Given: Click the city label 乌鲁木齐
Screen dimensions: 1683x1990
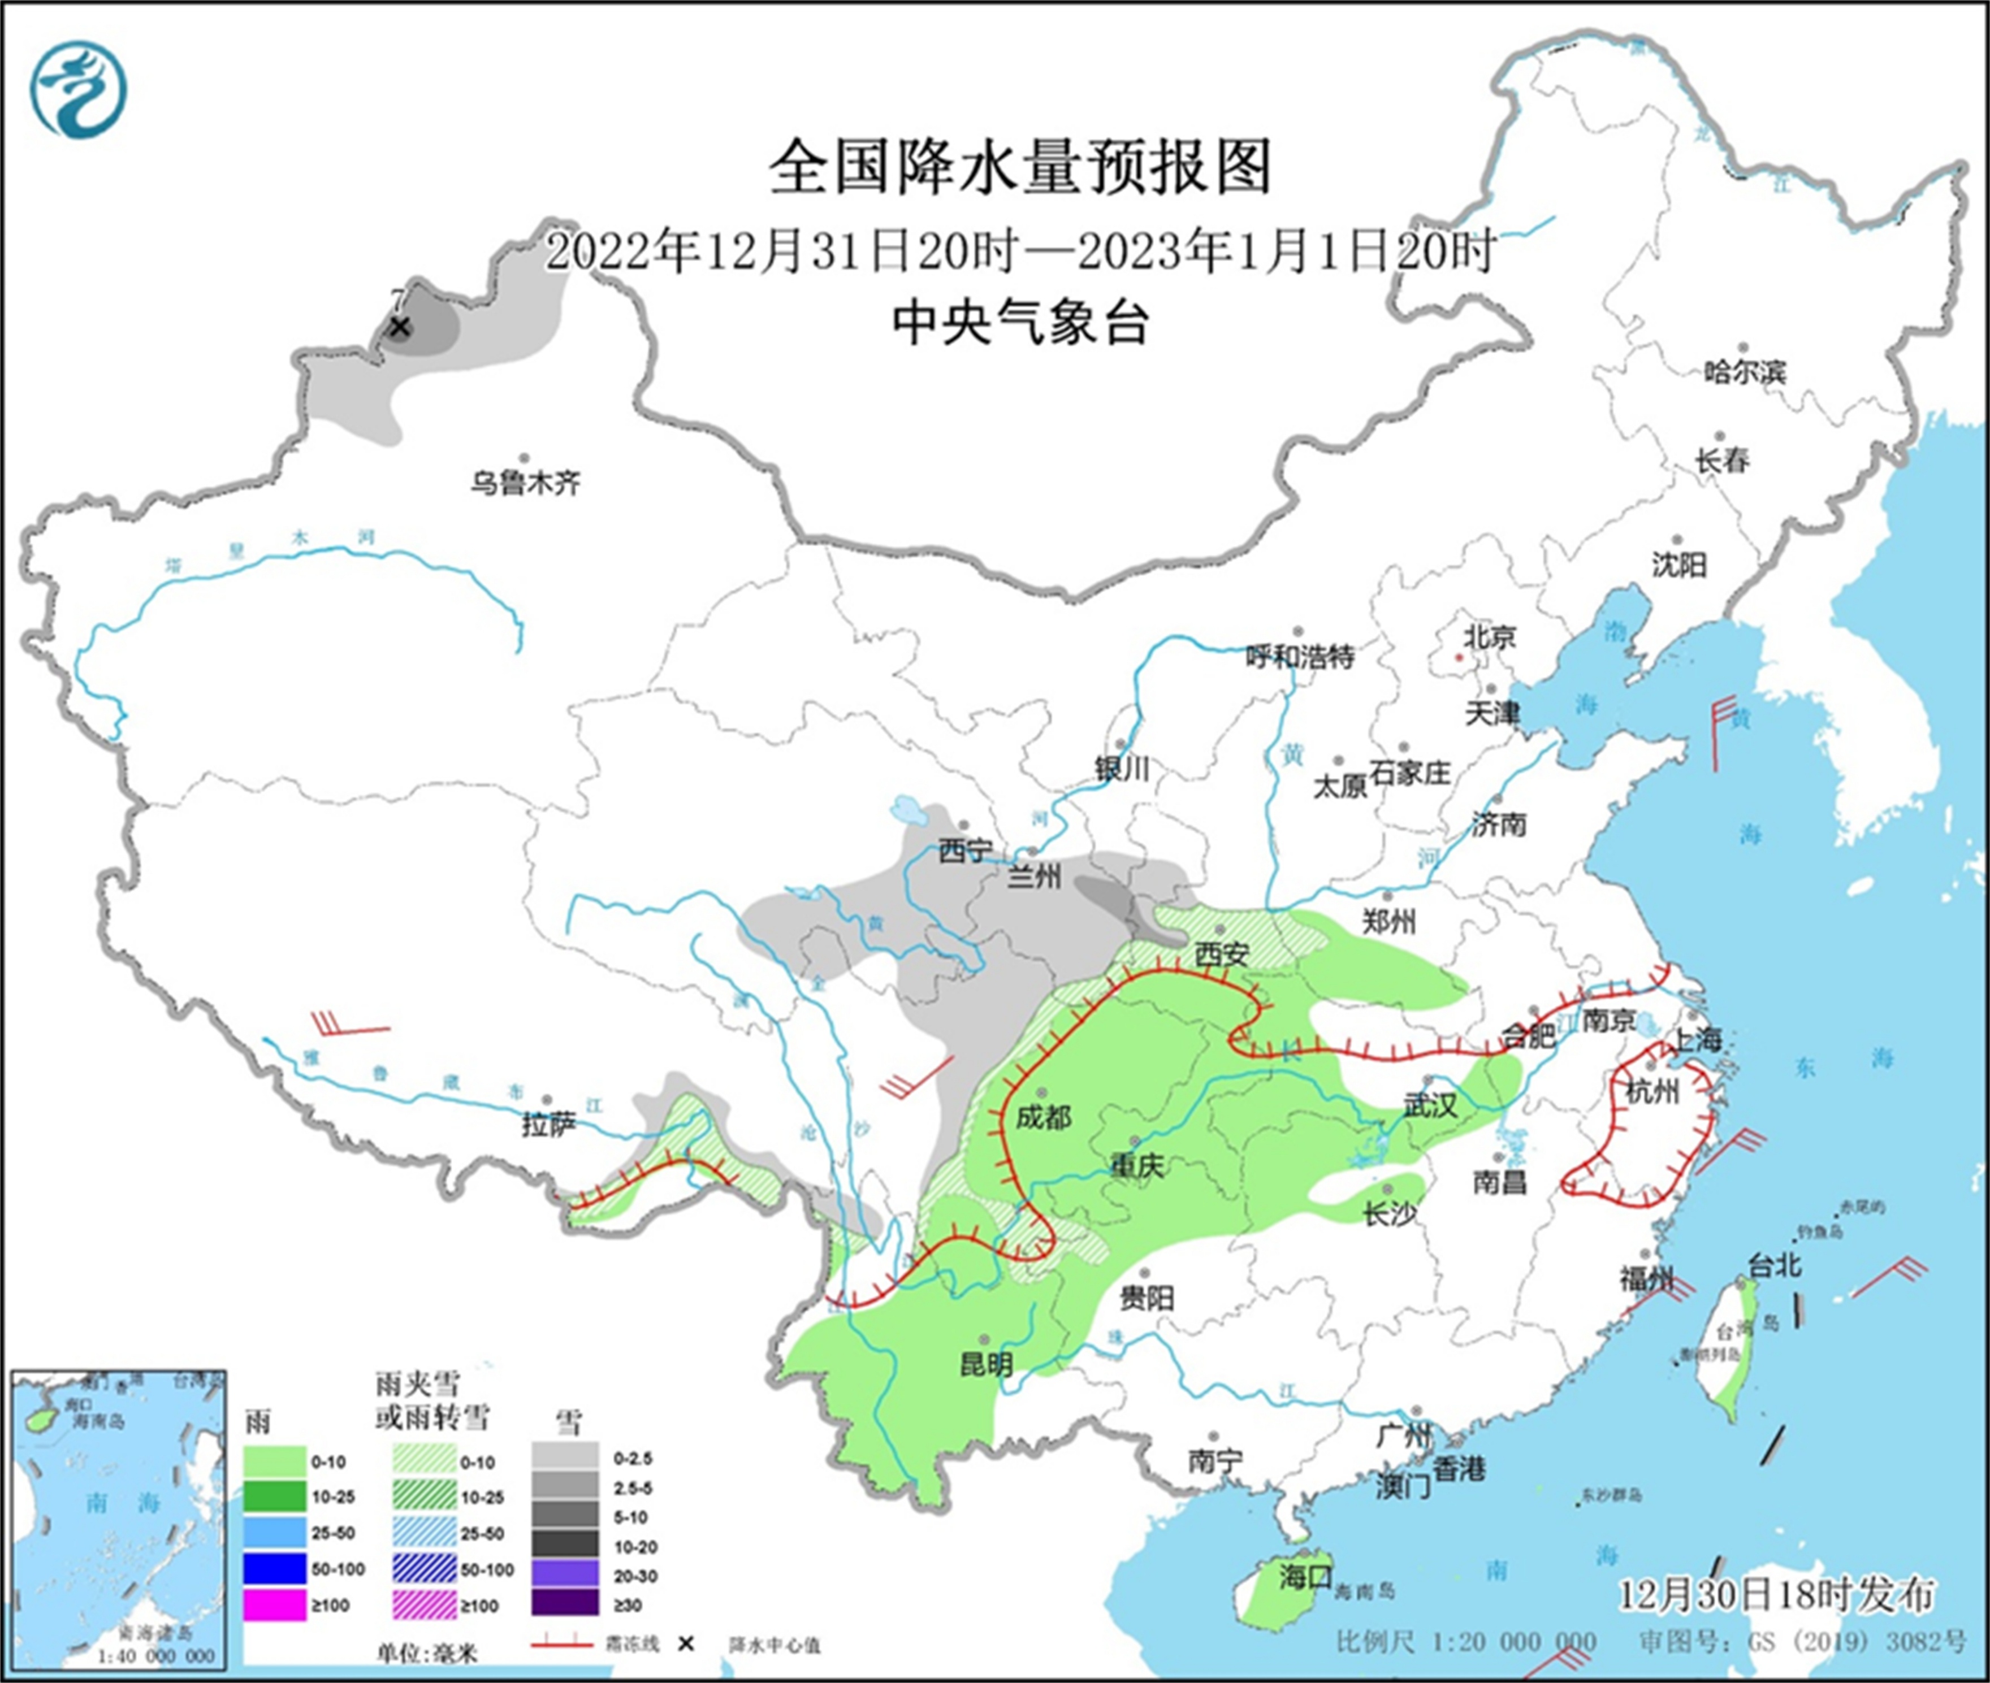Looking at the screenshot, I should pos(524,483).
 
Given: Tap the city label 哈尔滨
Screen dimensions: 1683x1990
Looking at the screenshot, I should pos(1744,372).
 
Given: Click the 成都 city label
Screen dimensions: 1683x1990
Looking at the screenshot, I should pos(1043,1116).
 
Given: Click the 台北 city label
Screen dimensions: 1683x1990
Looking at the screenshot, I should pos(1774,1265).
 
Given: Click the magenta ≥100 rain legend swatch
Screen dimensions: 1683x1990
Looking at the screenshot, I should pos(275,1606).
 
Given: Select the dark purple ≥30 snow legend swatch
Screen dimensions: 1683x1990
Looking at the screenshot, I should pos(565,1606).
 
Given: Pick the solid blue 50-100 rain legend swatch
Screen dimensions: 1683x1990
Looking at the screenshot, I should pos(275,1569).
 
